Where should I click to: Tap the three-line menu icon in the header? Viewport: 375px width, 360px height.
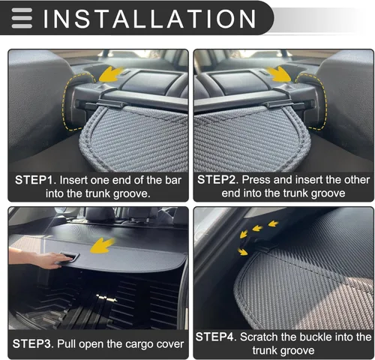22,17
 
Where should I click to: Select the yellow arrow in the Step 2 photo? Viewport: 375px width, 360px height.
280,73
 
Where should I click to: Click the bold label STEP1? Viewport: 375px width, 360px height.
34,181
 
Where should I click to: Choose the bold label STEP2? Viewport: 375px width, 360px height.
217,181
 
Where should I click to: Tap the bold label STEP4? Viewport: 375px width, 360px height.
217,337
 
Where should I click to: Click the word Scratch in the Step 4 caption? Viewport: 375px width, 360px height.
266,337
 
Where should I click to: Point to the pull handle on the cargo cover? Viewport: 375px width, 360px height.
69,257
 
